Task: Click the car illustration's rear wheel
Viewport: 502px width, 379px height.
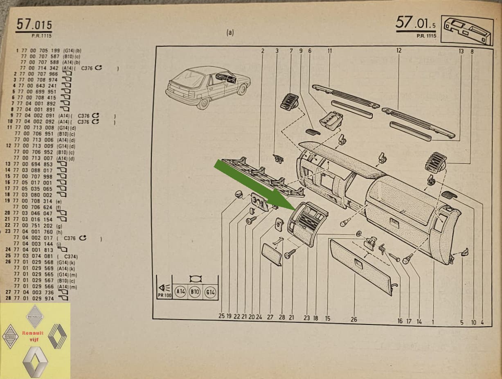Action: tap(203, 103)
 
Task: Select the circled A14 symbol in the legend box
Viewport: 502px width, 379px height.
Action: tap(180, 292)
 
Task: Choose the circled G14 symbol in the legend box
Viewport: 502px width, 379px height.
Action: tap(210, 292)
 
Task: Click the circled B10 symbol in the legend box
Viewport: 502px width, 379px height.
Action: tap(195, 292)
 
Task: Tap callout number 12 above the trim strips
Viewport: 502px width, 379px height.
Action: tap(399, 51)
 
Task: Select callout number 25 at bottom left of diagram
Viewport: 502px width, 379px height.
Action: tap(221, 316)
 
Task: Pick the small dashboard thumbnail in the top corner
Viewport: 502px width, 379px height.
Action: tap(467, 31)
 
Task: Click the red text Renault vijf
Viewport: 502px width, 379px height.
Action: tap(33, 336)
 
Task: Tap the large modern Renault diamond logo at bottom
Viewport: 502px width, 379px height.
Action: tap(35, 361)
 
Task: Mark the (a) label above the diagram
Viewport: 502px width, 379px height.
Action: tap(230, 33)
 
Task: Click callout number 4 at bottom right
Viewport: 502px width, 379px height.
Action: tap(482, 322)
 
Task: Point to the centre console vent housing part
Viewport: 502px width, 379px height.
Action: tap(308, 223)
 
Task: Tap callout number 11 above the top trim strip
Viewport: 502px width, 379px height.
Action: tap(329, 51)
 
